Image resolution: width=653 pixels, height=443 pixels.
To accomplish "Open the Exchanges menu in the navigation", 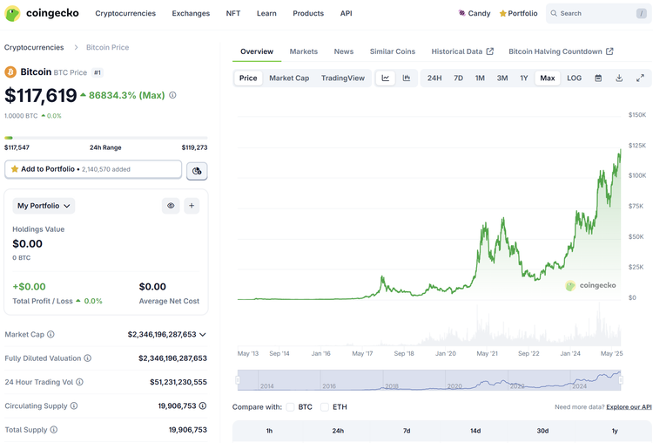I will click(191, 13).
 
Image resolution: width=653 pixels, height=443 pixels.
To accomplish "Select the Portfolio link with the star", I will click(518, 13).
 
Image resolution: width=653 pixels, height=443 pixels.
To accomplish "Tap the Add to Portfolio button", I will click(93, 169).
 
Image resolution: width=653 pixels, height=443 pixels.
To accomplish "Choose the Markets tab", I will click(304, 51).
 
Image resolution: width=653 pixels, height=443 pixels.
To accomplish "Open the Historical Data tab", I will click(462, 51).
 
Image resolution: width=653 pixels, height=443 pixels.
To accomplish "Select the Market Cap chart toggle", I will click(289, 78).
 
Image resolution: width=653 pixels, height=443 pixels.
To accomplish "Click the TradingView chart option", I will click(343, 78).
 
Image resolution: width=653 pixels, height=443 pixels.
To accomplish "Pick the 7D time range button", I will click(458, 78).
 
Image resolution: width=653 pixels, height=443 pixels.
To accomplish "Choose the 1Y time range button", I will click(524, 78).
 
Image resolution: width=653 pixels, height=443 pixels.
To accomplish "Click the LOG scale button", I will click(575, 78).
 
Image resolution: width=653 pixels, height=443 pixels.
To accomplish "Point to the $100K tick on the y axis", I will click(637, 175).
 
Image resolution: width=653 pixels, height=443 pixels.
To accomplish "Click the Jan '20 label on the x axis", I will click(446, 353).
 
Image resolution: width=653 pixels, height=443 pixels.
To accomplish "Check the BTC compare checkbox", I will click(291, 406).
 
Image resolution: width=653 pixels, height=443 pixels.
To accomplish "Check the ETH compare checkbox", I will click(325, 406).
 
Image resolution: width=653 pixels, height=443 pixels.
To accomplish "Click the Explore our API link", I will click(629, 407).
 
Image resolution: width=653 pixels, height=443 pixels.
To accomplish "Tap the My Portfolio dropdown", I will click(44, 206).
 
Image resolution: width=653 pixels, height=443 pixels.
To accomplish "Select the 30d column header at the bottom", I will click(542, 431).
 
